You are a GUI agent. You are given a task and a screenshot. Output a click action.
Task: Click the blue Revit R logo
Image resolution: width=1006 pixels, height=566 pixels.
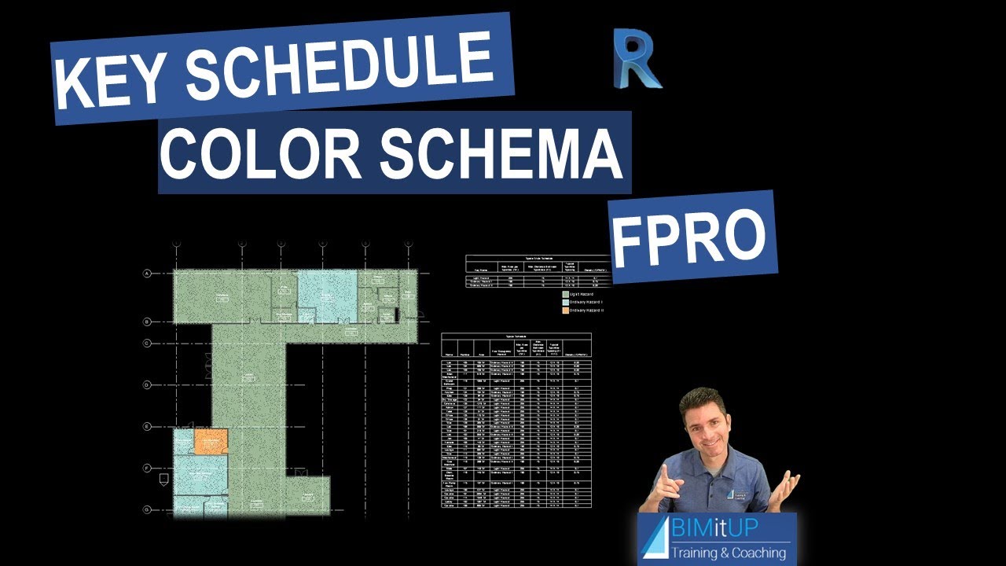pos(637,59)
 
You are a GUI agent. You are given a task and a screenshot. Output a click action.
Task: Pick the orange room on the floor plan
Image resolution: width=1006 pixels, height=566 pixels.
pos(211,442)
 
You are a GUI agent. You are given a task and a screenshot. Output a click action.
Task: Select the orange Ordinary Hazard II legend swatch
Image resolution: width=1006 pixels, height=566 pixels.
pos(564,311)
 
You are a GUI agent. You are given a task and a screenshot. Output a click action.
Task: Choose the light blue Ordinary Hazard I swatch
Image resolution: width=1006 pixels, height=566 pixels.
pos(564,302)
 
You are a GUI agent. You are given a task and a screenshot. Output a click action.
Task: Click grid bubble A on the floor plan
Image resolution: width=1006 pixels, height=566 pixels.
pos(147,274)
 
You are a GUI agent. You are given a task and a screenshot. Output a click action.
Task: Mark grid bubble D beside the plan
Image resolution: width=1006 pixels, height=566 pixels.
pos(147,384)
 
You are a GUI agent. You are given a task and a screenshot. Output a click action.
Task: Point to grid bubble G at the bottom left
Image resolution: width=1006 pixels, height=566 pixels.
pos(147,509)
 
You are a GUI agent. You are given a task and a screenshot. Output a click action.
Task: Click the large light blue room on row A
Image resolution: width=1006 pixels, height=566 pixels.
pos(327,296)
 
